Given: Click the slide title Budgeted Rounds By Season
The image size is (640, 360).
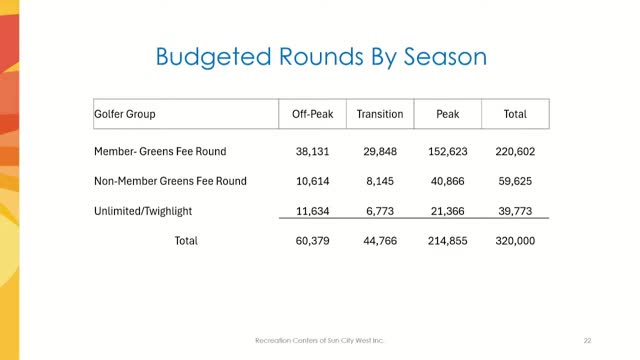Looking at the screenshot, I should pos(321,56).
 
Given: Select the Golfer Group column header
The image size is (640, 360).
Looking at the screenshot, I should pos(125,115).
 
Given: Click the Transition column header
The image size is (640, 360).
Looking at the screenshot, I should pos(380,115).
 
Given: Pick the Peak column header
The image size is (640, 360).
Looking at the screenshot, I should pos(448,115).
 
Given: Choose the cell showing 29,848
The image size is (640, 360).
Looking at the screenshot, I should pos(380,152).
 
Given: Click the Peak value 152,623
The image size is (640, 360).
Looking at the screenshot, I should pos(448,152).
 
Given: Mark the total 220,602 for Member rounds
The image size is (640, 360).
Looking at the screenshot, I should pos(515,152).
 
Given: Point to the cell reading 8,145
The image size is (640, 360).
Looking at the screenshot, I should pos(380,181).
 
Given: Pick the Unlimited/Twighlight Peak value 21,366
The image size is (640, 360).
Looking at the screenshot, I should pos(448,210).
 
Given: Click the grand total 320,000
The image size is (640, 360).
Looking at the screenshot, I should pos(515,240).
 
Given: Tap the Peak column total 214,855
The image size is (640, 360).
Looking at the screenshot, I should pos(448,240).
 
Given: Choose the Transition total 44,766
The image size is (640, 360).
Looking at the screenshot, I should pos(380,240).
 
